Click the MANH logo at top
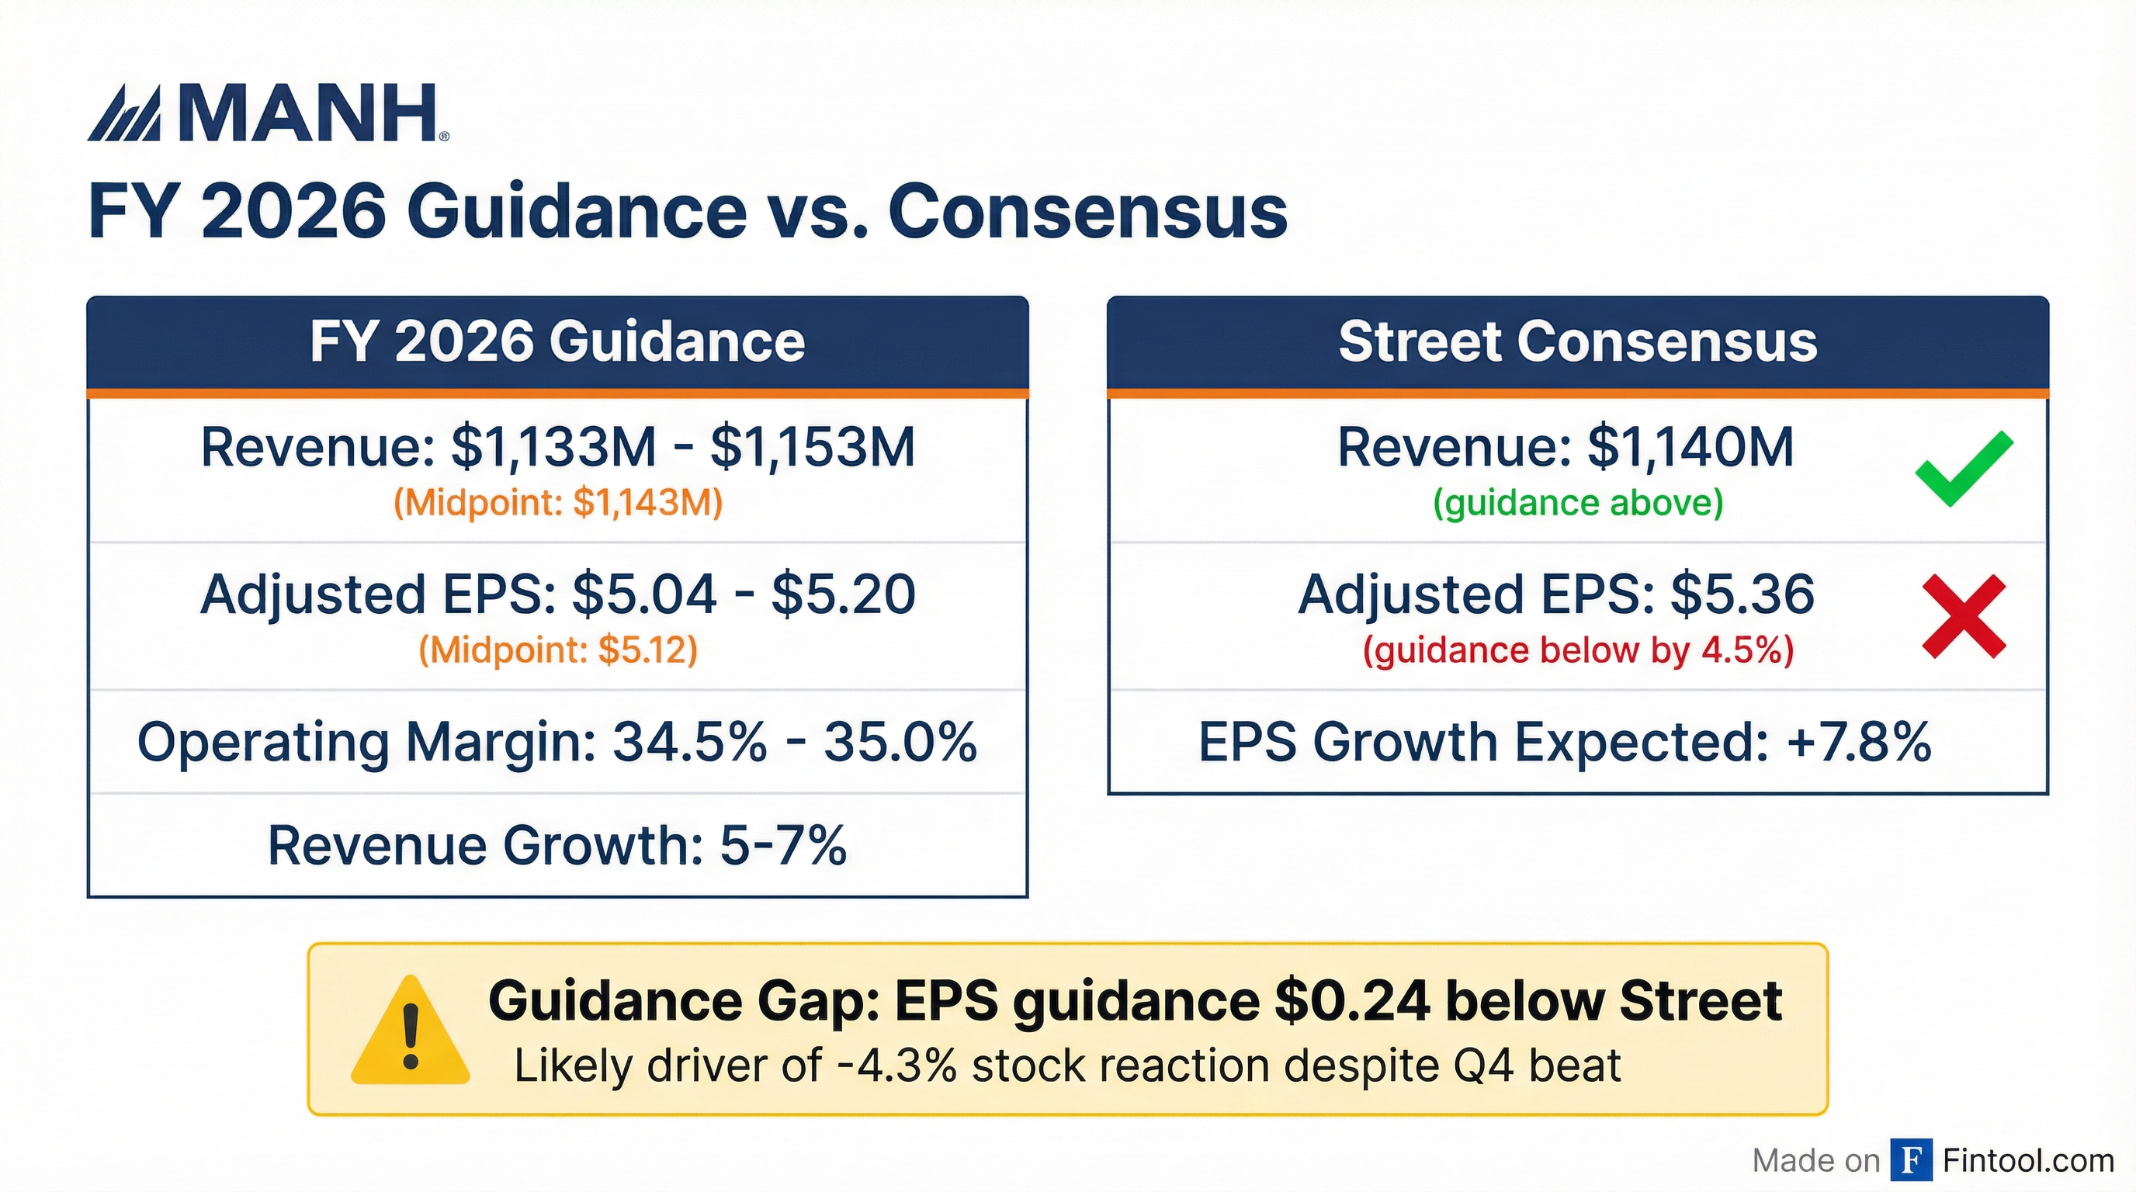click(267, 113)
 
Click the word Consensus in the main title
click(1087, 211)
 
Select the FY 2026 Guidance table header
click(557, 342)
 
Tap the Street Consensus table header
click(1577, 342)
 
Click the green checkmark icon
click(1963, 469)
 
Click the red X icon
click(1963, 617)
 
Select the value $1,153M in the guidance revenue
click(812, 448)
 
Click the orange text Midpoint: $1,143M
click(557, 503)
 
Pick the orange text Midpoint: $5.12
click(557, 650)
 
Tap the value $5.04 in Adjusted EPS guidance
click(643, 594)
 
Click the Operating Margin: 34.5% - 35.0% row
click(557, 742)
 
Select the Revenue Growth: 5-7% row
click(557, 846)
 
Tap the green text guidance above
click(1577, 503)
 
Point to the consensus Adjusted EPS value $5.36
click(1741, 594)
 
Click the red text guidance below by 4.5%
click(1577, 650)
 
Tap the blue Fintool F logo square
click(1910, 1159)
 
